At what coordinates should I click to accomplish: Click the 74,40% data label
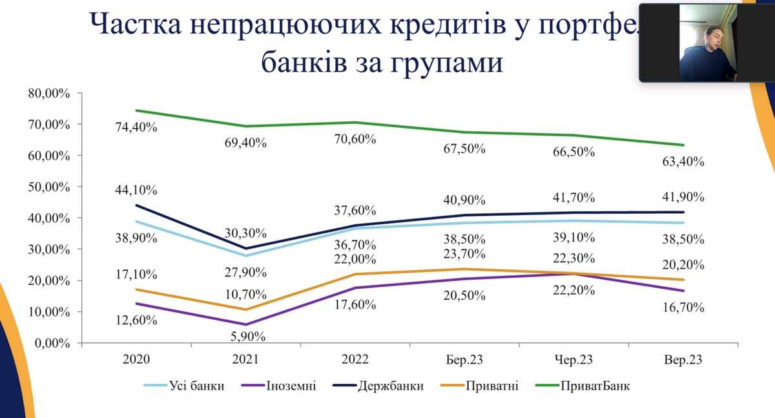pos(136,128)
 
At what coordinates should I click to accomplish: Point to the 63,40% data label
pos(683,162)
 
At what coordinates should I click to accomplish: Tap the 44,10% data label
pos(136,191)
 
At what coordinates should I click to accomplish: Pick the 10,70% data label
pos(246,295)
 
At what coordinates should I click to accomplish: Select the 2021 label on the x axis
pos(246,359)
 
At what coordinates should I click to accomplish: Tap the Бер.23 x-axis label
pos(464,359)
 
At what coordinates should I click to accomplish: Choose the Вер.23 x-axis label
pos(683,359)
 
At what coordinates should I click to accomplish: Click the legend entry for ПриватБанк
pos(595,386)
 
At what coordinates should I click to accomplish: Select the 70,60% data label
pos(355,139)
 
